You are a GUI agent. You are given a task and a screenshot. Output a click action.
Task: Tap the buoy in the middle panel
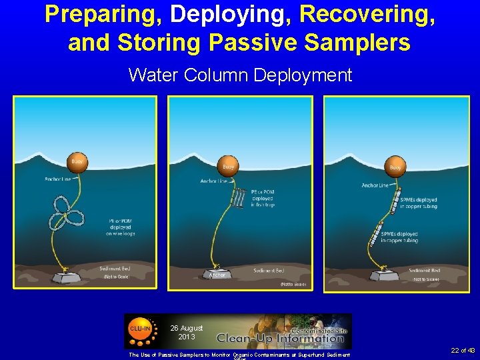point(229,165)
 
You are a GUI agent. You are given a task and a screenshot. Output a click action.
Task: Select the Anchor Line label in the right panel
point(375,185)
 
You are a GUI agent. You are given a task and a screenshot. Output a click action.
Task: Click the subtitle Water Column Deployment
point(240,75)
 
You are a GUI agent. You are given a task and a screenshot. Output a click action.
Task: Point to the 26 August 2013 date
point(186,332)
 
